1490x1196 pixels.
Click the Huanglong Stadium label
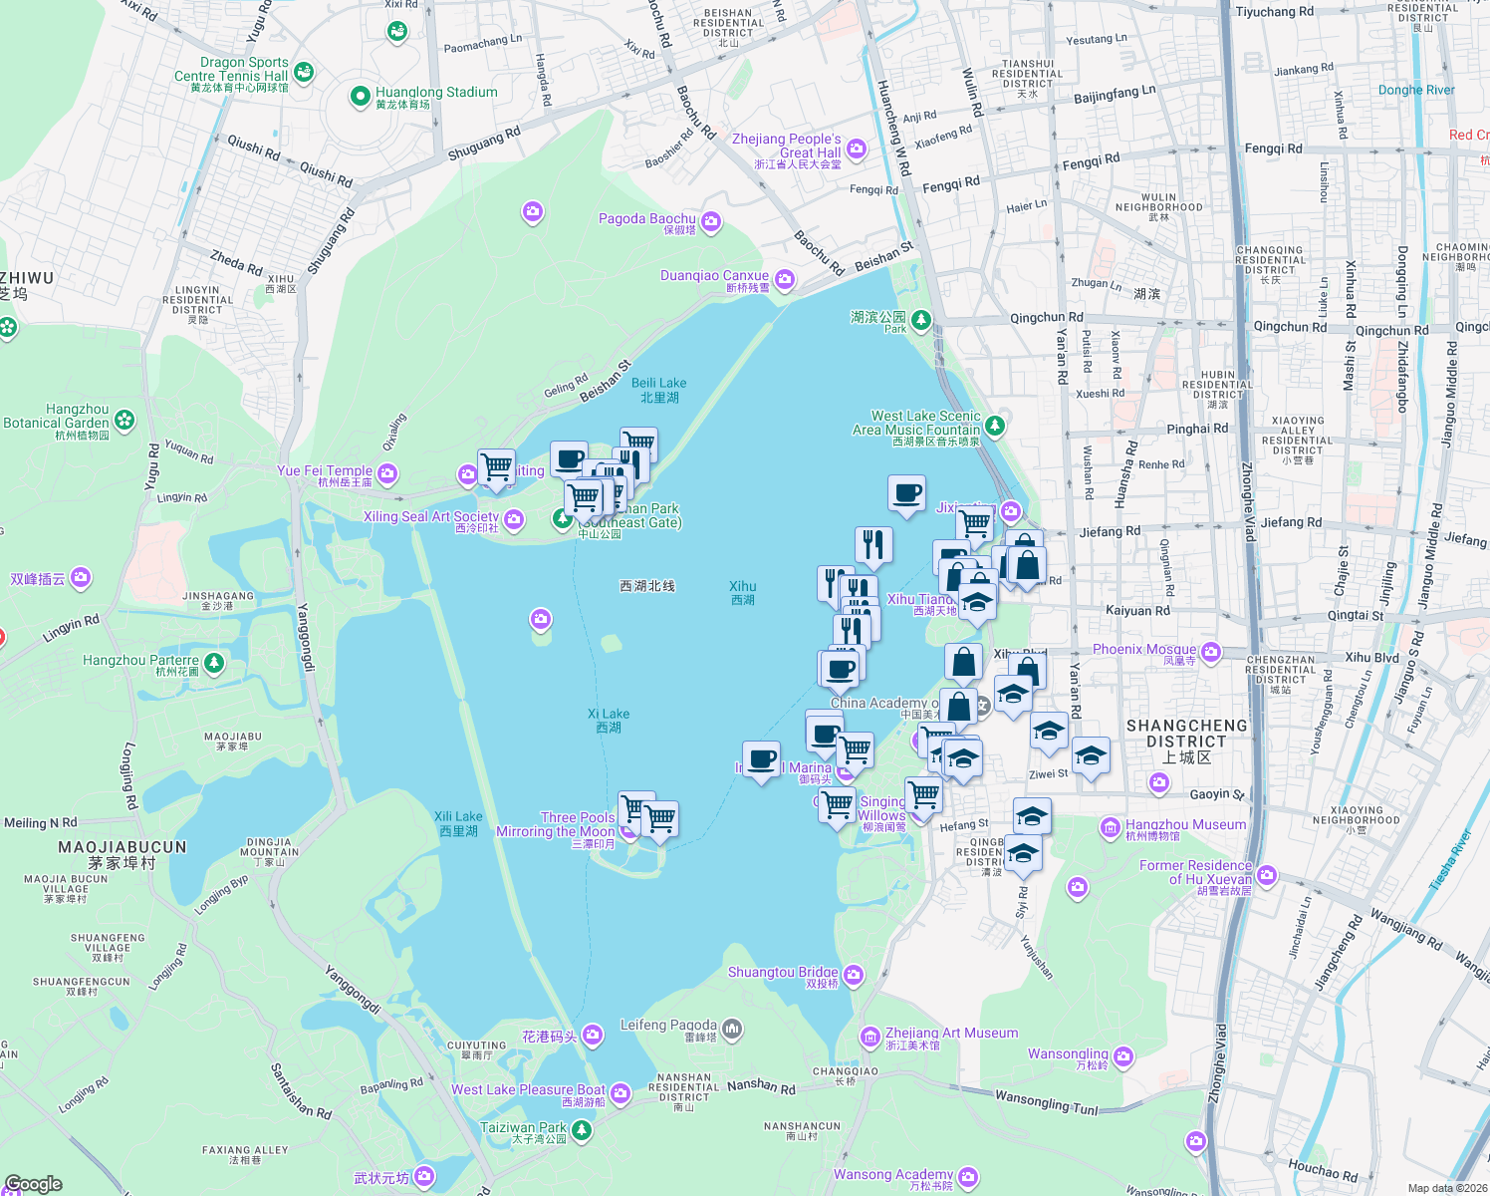tap(436, 93)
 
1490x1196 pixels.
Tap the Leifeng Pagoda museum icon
tap(732, 1028)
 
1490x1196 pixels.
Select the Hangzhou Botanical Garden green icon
tap(124, 420)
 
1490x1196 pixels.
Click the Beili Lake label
tap(658, 384)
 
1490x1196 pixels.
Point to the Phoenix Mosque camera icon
tap(1211, 653)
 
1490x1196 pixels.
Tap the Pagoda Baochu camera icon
tap(711, 222)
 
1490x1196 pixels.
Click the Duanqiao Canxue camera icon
tap(785, 279)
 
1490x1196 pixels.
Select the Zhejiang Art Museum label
tap(951, 1034)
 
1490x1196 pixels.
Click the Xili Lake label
tap(458, 817)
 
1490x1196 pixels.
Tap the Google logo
tap(34, 1184)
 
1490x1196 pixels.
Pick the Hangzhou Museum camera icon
tap(1111, 827)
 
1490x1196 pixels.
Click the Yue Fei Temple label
tap(325, 471)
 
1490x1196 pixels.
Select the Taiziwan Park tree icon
tap(582, 1130)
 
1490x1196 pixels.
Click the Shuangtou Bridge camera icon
tap(854, 975)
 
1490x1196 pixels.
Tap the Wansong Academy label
tap(892, 1175)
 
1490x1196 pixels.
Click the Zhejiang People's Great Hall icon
tap(857, 149)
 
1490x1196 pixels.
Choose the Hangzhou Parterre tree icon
tap(214, 663)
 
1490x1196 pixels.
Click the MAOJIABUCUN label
tap(122, 848)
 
